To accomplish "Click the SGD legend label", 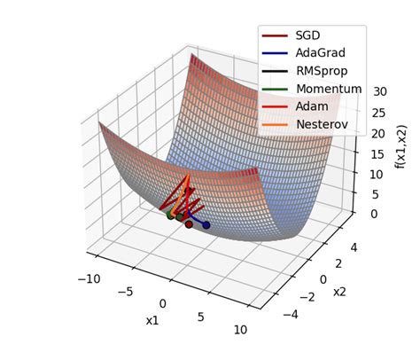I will click(307, 35).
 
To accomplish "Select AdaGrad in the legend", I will click(320, 53).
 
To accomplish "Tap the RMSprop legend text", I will click(322, 71).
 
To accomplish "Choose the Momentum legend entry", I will click(328, 89).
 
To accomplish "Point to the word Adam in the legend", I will click(312, 106).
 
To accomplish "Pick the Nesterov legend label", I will click(323, 124).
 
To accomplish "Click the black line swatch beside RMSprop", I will click(275, 71).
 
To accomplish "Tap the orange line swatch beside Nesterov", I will click(275, 124).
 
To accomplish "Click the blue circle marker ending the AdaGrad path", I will click(206, 225).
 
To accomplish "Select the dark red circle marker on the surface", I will click(189, 224).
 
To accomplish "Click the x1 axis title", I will click(152, 320).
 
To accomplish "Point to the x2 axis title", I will click(339, 291).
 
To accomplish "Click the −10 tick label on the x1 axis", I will click(89, 279).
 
